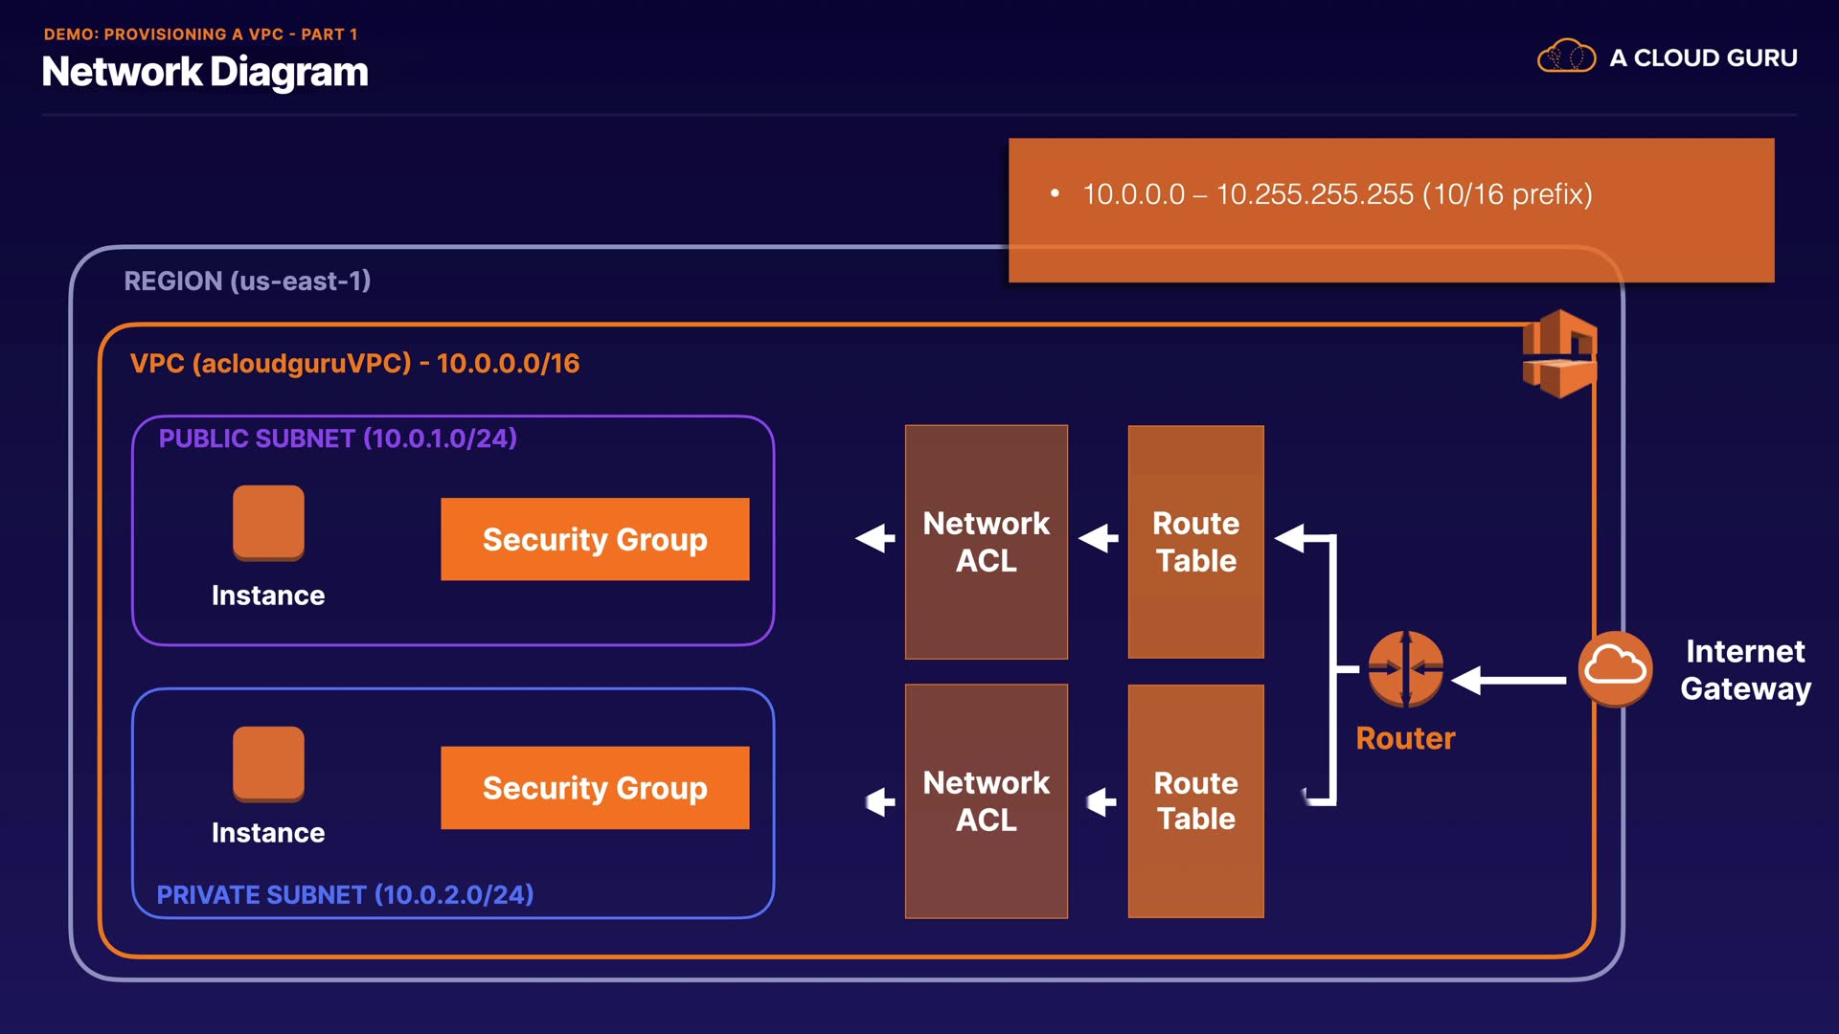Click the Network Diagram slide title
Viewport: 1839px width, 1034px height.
[205, 72]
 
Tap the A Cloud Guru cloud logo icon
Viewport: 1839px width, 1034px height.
[1566, 56]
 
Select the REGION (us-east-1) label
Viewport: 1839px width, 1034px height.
[247, 281]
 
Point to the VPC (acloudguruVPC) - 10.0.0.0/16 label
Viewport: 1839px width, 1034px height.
[354, 363]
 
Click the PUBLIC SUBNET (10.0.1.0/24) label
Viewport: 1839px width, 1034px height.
[337, 438]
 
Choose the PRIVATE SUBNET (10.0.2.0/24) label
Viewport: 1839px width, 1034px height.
[345, 894]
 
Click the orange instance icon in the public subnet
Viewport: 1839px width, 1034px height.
[268, 523]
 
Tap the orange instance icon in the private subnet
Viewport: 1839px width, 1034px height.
[268, 764]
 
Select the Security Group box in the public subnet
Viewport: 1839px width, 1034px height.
[595, 539]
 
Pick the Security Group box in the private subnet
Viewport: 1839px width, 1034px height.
[595, 787]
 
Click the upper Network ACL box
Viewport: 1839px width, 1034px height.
[987, 542]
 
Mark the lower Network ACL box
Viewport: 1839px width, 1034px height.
[987, 800]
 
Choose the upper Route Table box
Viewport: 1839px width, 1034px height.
[1196, 542]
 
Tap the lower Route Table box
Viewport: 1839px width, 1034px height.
[1196, 800]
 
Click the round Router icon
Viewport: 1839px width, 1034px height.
[1405, 669]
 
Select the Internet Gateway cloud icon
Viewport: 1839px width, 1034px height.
[1615, 668]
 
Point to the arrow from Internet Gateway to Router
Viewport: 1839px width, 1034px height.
[1509, 680]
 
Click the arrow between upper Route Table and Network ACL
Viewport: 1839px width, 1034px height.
[1099, 538]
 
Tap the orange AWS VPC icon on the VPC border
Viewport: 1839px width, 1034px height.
[1560, 353]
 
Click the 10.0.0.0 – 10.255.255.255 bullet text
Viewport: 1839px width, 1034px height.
[1337, 194]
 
